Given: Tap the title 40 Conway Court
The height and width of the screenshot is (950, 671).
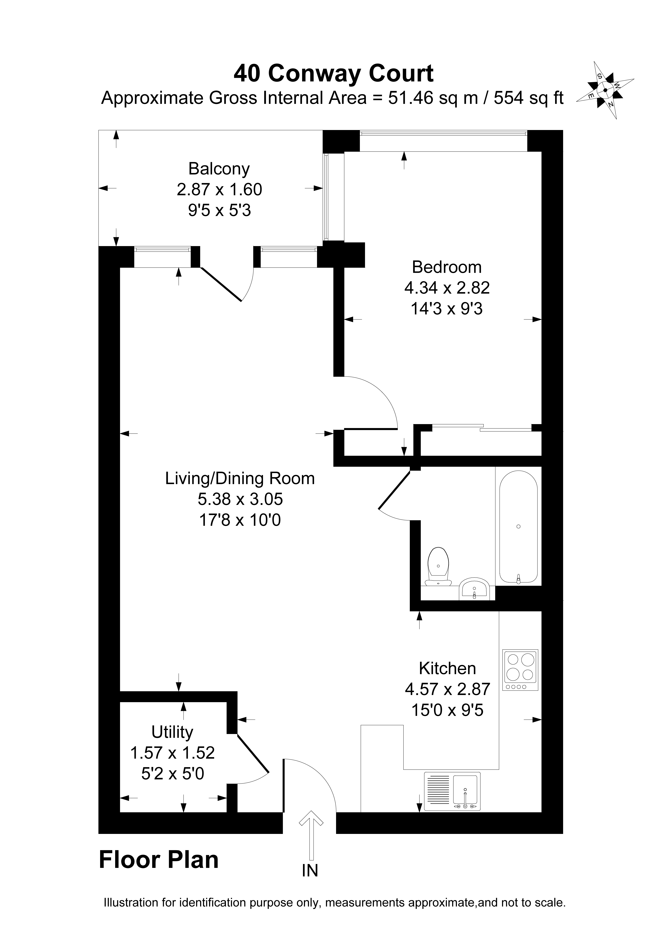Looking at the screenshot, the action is pos(333,74).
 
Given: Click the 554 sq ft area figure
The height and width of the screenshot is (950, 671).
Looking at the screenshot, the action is pos(529,98).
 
